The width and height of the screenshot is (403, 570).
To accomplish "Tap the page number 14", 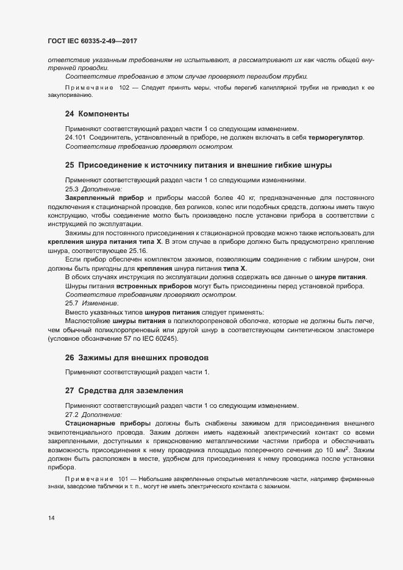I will point(52,518).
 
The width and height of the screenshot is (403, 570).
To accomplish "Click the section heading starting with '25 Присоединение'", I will point(198,165).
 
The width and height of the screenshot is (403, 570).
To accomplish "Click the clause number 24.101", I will point(75,138).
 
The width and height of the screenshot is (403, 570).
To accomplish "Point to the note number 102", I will point(124,88).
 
